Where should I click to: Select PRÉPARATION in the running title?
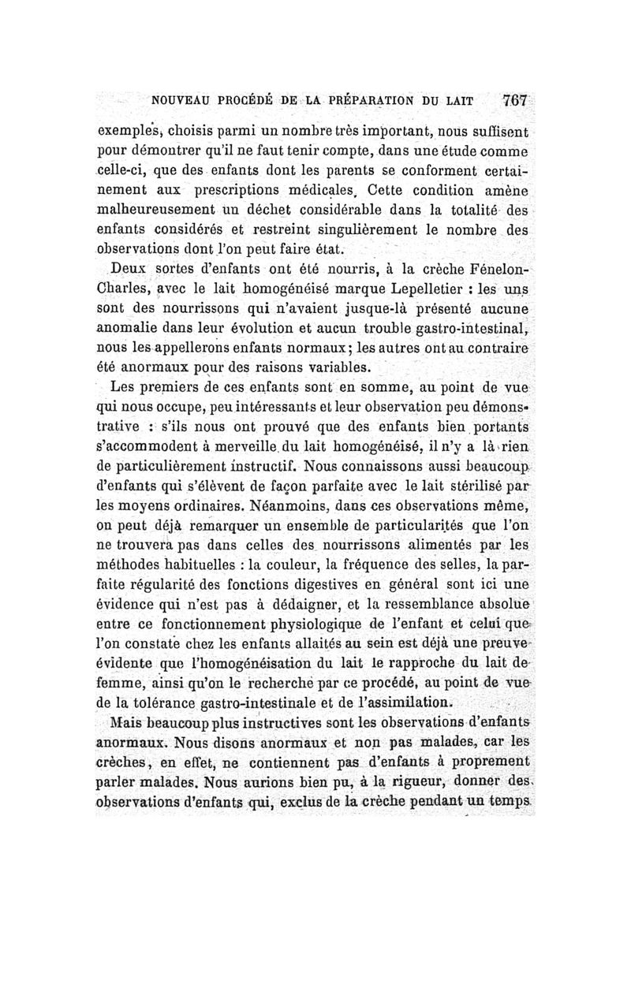pyautogui.click(x=353, y=102)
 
